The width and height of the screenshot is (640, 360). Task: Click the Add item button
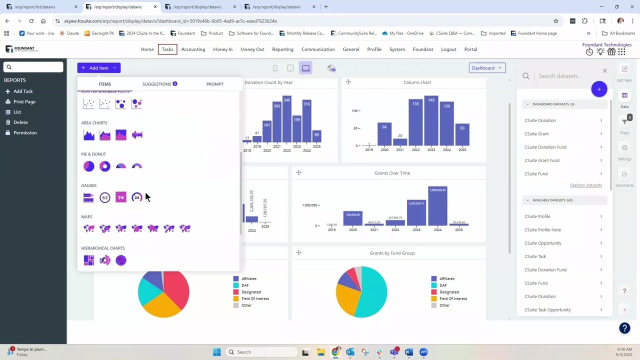click(98, 68)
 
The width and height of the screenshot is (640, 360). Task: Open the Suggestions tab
click(159, 84)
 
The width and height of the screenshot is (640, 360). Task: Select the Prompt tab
click(215, 84)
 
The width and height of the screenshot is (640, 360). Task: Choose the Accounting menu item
click(193, 49)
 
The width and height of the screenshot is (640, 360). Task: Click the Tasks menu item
click(167, 49)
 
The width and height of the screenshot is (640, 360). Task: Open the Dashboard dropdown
click(487, 68)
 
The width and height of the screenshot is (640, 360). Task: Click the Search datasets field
click(565, 76)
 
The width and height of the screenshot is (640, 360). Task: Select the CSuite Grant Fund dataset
click(542, 160)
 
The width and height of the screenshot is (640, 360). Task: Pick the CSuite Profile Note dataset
click(542, 230)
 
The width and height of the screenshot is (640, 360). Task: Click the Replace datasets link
click(585, 185)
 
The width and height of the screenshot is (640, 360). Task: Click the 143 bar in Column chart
click(431, 120)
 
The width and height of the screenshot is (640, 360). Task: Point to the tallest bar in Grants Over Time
click(437, 206)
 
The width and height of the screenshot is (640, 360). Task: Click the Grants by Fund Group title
click(392, 253)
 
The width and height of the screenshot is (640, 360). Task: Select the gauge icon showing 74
click(121, 197)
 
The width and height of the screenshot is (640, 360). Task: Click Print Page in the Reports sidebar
click(24, 102)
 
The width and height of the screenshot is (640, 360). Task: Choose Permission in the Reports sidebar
click(25, 133)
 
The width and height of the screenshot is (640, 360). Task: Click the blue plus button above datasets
click(599, 89)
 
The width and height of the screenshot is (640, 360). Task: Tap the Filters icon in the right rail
click(624, 122)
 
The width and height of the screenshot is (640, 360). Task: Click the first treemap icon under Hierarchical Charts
click(89, 260)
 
